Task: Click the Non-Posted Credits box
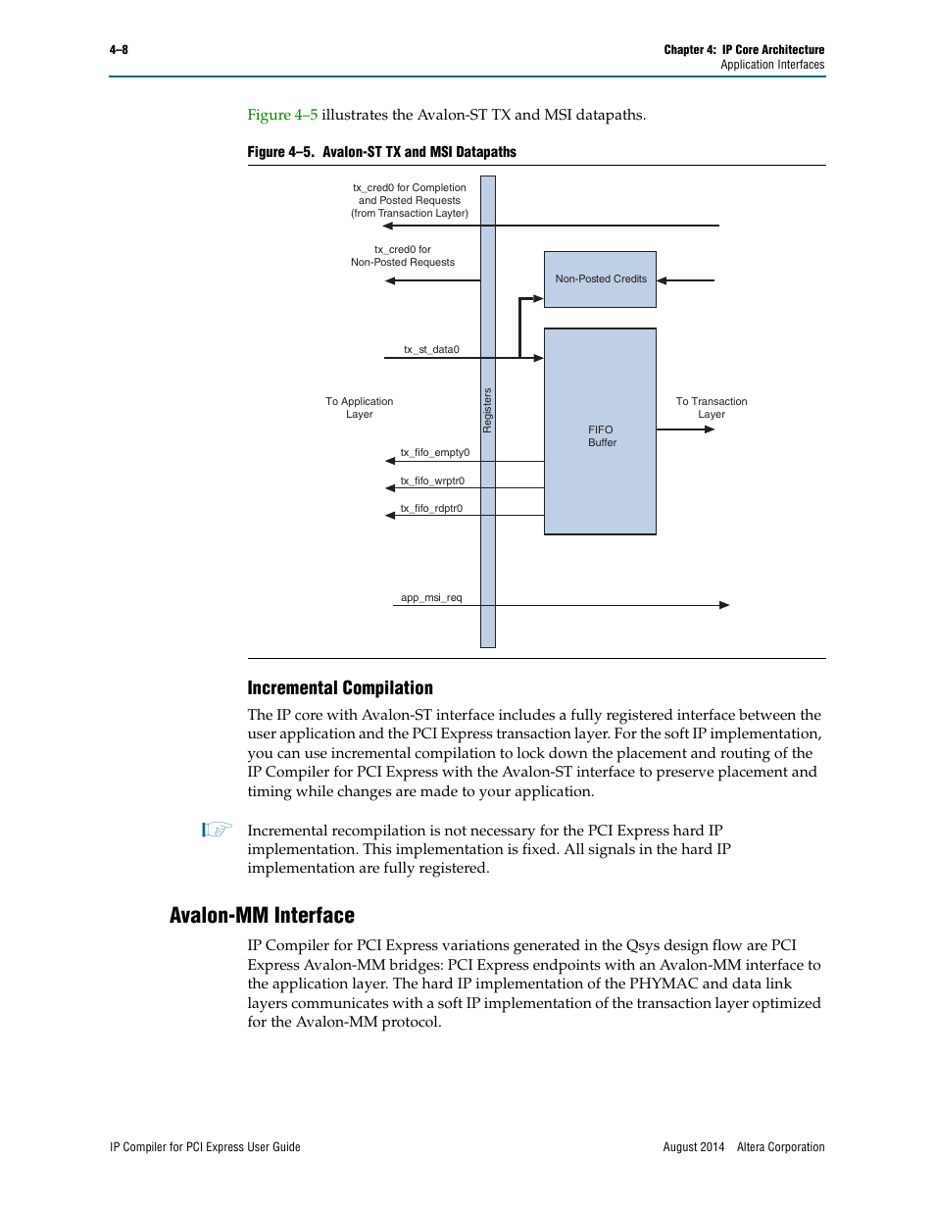point(600,279)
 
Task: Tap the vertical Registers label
point(487,410)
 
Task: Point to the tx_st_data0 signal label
point(431,349)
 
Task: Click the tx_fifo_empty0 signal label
point(434,452)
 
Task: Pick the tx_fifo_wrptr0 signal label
point(432,480)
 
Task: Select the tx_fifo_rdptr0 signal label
point(431,508)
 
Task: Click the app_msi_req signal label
point(431,597)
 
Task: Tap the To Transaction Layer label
point(712,407)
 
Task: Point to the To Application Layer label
point(360,407)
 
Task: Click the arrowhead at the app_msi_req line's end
point(724,605)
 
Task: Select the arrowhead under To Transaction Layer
point(710,429)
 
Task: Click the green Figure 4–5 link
point(282,115)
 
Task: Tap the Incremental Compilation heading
point(340,687)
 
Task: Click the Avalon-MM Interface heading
point(262,915)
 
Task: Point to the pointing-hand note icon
point(217,830)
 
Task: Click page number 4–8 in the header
point(119,50)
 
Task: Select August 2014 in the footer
point(694,1146)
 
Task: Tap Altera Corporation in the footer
point(780,1146)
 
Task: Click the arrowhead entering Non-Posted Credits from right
point(663,280)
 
